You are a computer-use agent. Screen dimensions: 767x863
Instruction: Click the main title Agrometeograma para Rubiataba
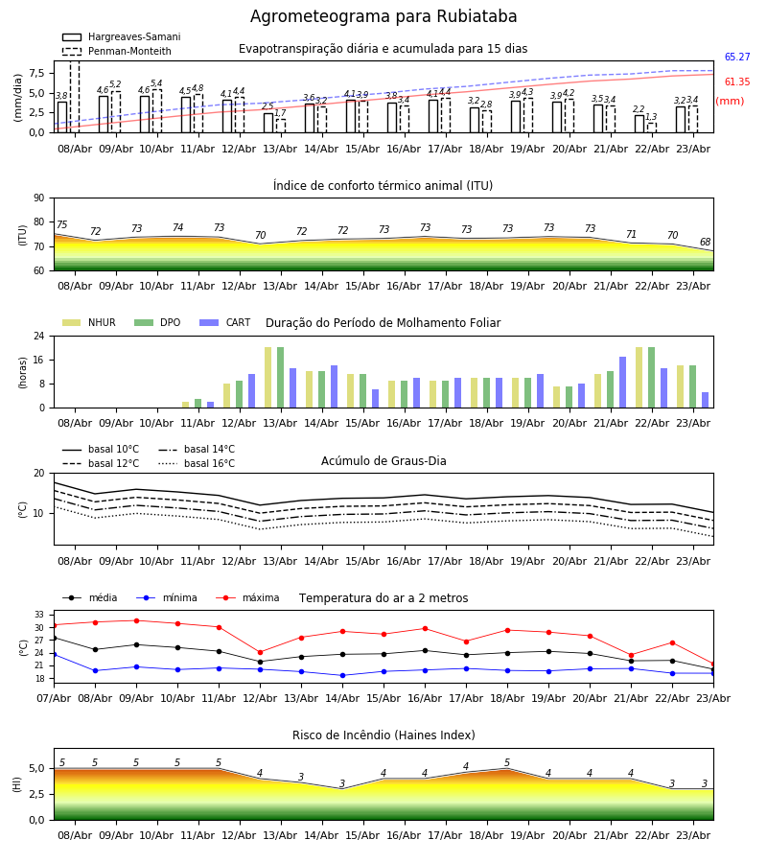[383, 16]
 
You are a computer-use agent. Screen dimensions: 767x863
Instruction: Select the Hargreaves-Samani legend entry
[122, 36]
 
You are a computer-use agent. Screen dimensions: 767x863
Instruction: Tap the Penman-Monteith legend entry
[117, 51]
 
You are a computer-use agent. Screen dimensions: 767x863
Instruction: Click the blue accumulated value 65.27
[737, 57]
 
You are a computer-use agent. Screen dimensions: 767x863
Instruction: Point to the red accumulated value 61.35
[737, 82]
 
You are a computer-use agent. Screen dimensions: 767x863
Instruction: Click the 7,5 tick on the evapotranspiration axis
[36, 73]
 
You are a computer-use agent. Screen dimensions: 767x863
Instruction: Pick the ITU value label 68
[705, 243]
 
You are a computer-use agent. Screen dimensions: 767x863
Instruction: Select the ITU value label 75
[61, 224]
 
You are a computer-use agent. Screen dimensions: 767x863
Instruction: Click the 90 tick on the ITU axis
[39, 198]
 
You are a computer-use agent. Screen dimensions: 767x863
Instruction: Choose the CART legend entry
[225, 322]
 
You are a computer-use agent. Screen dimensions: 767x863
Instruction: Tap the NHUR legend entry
[89, 322]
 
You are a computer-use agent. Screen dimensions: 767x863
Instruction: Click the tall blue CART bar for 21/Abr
[622, 383]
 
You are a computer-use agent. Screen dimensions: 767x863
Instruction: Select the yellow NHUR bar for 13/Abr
[267, 378]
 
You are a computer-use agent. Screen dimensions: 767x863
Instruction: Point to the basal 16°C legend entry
[197, 463]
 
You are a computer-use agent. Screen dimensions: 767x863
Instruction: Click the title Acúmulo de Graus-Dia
[383, 461]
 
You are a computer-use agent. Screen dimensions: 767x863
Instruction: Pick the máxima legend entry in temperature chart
[247, 597]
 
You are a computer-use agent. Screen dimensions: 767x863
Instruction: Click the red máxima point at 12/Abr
[260, 653]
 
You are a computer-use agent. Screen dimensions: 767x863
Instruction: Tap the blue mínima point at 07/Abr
[54, 654]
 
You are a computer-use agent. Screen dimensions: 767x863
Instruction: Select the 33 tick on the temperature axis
[39, 615]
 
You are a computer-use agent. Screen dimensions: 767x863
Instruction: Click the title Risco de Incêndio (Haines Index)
[383, 735]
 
